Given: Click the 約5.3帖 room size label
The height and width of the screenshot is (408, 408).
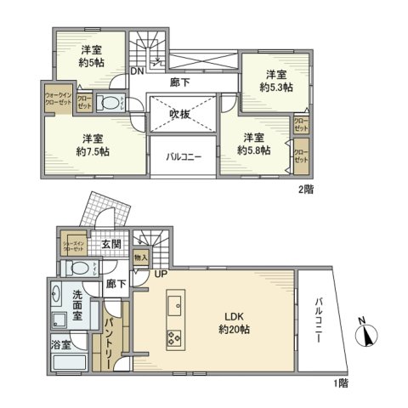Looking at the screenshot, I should click(x=276, y=87).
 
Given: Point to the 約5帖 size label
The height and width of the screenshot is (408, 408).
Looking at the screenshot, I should click(x=93, y=63).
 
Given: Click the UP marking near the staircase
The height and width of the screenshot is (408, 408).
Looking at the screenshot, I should click(x=160, y=273).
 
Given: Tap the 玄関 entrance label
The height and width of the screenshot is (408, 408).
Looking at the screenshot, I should click(x=111, y=244).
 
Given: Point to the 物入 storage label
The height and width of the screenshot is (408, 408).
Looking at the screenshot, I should click(x=141, y=257).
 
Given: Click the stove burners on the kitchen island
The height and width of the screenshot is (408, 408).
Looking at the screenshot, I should click(x=177, y=338).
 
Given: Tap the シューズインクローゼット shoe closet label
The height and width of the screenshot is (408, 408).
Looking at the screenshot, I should click(x=74, y=245).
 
